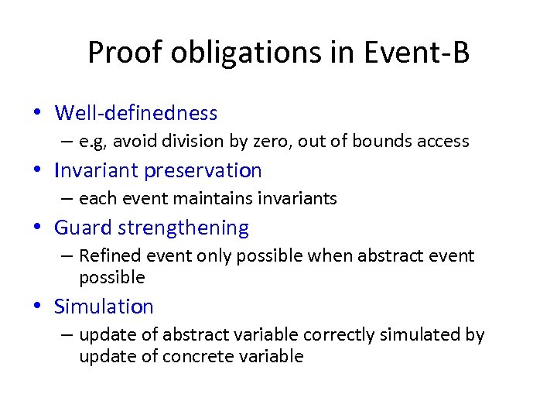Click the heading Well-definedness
136,113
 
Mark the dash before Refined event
67,256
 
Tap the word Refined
107,256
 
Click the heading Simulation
104,307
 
